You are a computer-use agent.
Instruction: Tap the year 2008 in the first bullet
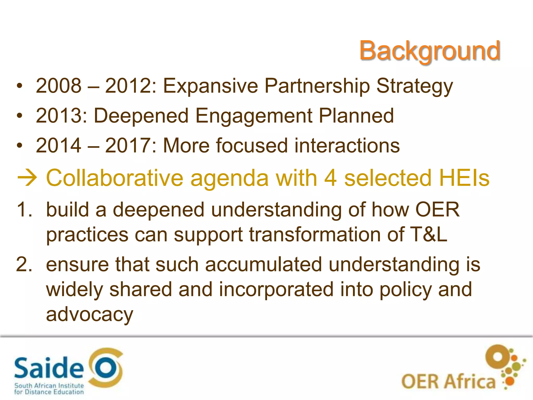coord(59,86)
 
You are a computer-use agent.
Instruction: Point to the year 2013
coord(59,116)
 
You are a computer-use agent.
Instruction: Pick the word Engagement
coord(254,116)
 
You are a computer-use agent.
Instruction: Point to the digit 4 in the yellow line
coord(331,179)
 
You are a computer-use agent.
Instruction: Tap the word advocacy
coord(90,315)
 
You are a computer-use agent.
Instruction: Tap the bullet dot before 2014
coord(20,146)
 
